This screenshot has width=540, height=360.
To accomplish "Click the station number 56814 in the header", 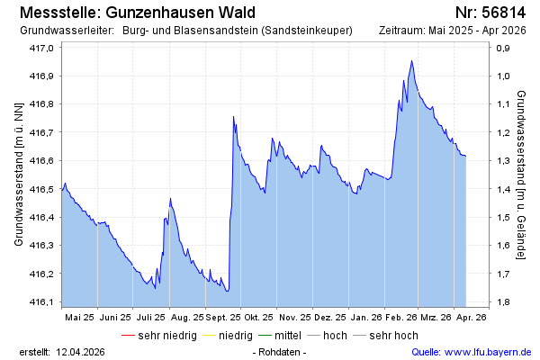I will click(x=503, y=13).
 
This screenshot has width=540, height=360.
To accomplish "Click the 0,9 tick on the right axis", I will click(x=506, y=48).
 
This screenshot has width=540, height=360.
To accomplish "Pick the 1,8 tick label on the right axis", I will click(x=506, y=301).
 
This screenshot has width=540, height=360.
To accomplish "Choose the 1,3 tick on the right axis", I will click(x=506, y=160).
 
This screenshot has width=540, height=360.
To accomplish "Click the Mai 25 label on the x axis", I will click(x=80, y=317).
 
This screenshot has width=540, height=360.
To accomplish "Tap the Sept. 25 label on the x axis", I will click(x=223, y=317).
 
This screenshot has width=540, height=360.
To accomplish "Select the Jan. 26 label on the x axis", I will click(x=366, y=317).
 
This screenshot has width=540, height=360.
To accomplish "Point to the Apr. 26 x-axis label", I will click(x=471, y=317).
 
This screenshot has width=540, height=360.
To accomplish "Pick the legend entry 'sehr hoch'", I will click(x=393, y=336).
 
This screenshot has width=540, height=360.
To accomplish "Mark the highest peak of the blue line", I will click(x=411, y=61).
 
